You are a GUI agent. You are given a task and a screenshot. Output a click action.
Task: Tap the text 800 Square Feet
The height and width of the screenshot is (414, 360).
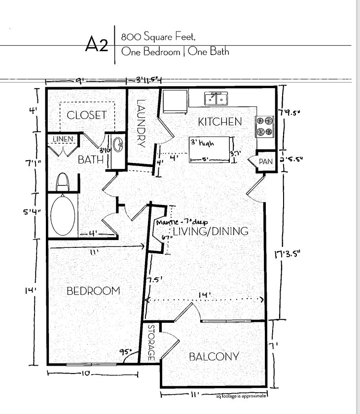coord(155,37)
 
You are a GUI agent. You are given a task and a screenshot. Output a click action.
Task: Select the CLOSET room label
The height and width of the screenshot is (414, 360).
coord(87,115)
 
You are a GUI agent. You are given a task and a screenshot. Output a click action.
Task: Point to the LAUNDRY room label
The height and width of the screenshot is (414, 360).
coord(142,124)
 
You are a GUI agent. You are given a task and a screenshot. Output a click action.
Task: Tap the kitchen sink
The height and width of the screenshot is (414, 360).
coord(216,99)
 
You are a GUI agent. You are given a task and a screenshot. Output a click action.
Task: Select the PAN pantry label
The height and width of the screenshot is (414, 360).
coord(266,161)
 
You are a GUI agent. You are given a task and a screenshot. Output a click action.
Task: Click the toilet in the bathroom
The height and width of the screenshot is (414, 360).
coord(63,182)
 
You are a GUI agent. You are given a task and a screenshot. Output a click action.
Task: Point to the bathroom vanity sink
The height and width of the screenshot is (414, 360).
coord(117,145)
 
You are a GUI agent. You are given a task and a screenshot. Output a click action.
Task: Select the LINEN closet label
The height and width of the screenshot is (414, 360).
coord(63,139)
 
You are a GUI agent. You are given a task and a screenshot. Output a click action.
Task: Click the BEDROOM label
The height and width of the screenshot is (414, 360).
coord(93,291)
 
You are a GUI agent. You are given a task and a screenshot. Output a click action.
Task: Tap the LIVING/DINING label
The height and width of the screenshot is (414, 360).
coord(210,232)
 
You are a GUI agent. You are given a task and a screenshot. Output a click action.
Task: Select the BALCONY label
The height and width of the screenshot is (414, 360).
coord(215,357)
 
